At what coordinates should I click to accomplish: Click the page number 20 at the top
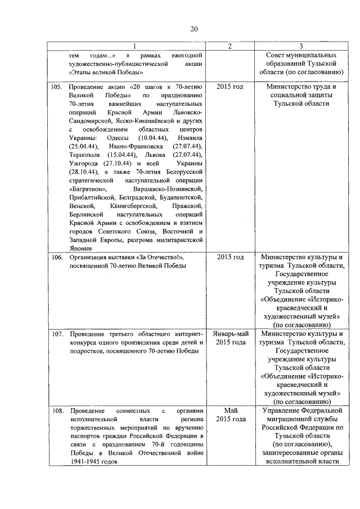point(194,29)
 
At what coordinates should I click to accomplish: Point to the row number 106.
point(57,257)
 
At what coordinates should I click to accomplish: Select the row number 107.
point(57,334)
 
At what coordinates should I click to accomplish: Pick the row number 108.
point(57,411)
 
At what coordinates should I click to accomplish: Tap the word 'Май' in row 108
point(230,411)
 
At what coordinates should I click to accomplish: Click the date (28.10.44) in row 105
point(82,172)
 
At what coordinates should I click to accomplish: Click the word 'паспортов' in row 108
point(84,436)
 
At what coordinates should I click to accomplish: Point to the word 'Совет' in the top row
point(276,55)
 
